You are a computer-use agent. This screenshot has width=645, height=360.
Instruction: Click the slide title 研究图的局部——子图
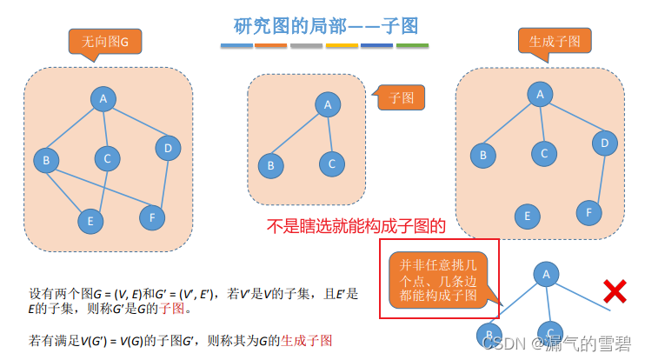(323, 26)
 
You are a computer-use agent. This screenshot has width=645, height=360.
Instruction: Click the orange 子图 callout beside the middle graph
(401, 97)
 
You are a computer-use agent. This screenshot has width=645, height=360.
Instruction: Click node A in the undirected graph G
(103, 99)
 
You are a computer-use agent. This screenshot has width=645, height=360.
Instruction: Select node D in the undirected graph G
(168, 149)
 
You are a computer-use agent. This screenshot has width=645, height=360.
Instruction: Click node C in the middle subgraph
(331, 163)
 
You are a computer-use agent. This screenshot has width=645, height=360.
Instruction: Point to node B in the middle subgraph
(271, 164)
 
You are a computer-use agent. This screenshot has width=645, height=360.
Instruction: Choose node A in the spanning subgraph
(540, 94)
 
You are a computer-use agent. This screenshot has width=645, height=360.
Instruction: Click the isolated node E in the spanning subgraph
(524, 216)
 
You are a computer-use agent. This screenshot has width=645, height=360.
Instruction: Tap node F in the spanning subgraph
(588, 211)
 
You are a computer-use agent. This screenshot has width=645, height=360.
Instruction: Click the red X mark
(615, 292)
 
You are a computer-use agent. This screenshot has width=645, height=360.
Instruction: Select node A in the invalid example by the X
(547, 275)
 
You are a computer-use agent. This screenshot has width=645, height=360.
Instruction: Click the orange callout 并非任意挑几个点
(439, 281)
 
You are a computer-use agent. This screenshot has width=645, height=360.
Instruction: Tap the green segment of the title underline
(412, 45)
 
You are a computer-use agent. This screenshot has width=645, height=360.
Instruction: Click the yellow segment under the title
(342, 45)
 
